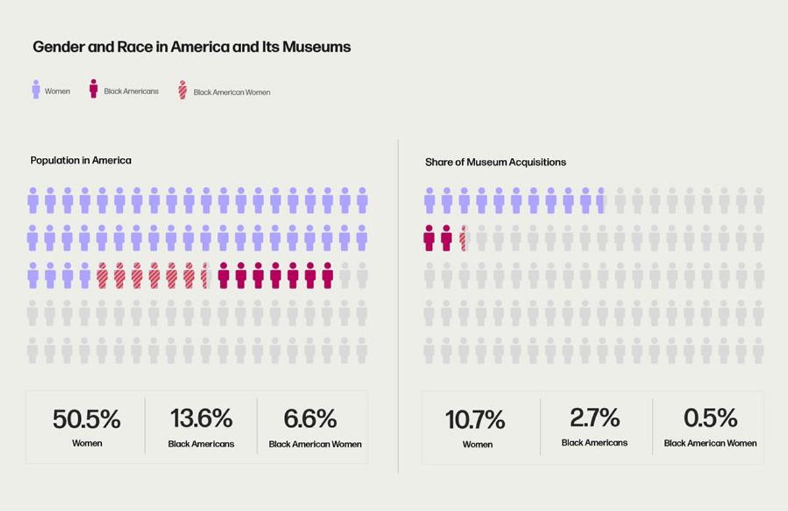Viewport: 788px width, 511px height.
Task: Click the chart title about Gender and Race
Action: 191,47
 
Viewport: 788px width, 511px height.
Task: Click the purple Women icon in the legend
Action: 36,89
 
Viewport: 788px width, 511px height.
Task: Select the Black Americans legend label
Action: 131,91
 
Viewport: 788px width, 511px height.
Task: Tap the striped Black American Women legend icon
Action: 183,91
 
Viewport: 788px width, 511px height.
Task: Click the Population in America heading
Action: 81,160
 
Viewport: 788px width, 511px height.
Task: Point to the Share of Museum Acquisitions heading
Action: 496,162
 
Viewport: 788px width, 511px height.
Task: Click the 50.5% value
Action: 87,419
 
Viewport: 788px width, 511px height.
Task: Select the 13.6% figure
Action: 201,418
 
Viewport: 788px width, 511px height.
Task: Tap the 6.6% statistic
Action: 310,418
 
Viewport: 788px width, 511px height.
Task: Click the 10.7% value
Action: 475,420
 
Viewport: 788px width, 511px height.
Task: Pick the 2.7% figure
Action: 595,418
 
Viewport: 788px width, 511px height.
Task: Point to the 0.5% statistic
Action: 710,418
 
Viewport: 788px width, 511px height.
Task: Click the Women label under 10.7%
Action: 477,445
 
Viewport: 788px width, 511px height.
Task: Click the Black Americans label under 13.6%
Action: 201,444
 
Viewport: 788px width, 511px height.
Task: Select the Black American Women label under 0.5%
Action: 710,443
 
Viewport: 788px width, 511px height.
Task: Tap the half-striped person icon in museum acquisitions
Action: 463,238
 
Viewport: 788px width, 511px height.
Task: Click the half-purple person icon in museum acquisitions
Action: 601,200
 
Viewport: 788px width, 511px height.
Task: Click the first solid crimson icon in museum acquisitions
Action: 429,238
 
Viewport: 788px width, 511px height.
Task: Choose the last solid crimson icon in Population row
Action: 327,276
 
